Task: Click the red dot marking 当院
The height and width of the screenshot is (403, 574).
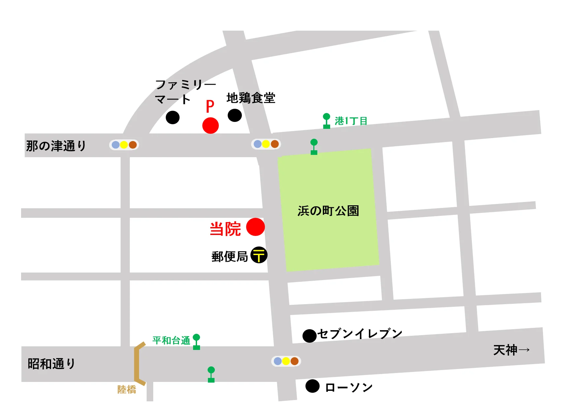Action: tap(255, 227)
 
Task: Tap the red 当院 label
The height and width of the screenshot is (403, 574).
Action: tap(225, 229)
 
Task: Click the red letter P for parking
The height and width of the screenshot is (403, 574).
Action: tap(210, 106)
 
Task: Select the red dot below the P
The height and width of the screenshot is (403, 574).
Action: tap(211, 126)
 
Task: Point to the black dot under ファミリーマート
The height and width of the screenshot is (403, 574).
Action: tap(173, 117)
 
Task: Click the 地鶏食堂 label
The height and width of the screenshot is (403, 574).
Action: tap(251, 98)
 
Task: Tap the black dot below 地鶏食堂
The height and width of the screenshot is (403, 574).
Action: tap(235, 115)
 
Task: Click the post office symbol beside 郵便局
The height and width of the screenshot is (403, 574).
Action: tap(259, 255)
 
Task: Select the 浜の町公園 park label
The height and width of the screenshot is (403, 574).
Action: tap(328, 211)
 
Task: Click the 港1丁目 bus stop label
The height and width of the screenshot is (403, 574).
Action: tap(351, 121)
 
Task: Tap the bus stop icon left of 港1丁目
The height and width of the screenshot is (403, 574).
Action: tap(327, 121)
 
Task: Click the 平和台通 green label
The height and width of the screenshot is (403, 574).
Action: tap(171, 340)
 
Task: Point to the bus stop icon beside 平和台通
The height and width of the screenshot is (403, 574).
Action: tap(196, 342)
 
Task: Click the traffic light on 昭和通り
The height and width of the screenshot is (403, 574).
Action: tap(286, 361)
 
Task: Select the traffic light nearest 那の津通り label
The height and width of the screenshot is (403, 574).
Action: tap(124, 145)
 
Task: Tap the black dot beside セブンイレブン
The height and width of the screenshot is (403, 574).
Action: tap(309, 336)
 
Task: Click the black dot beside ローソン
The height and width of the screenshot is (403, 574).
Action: tap(312, 386)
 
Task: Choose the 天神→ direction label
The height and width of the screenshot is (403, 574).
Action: tap(511, 350)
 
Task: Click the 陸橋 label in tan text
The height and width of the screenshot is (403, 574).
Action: tap(127, 389)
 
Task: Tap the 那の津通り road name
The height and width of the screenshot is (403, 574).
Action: tap(56, 146)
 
